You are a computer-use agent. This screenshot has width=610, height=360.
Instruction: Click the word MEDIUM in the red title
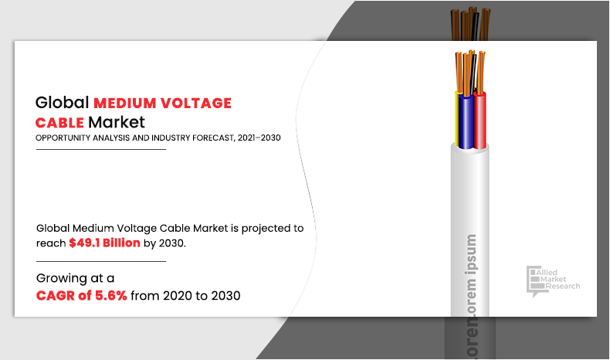click(x=124, y=104)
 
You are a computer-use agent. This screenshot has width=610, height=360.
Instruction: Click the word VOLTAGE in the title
click(x=196, y=104)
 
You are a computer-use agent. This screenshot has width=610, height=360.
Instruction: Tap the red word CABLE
click(x=59, y=123)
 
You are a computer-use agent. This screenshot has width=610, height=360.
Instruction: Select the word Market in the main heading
click(x=117, y=123)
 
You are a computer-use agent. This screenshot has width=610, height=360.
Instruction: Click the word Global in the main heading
click(x=63, y=103)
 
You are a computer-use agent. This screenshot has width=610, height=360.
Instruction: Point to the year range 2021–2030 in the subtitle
click(x=259, y=138)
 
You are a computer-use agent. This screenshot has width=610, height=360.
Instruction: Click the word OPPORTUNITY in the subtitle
click(x=63, y=138)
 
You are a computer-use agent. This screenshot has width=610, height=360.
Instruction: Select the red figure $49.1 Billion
click(x=105, y=243)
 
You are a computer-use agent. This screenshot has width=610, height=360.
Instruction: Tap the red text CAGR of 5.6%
click(x=82, y=296)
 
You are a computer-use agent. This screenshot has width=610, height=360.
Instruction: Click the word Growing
click(x=62, y=279)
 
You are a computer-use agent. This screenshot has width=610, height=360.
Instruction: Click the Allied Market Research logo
click(x=553, y=281)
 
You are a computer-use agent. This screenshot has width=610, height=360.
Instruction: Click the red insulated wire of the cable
click(x=480, y=121)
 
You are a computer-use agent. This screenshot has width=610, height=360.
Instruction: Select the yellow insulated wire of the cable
click(x=457, y=119)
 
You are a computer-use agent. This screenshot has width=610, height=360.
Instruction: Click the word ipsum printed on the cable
click(x=471, y=254)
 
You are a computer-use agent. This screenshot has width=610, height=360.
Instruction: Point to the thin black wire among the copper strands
click(x=473, y=74)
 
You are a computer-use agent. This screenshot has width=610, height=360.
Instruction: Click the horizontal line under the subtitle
click(x=101, y=149)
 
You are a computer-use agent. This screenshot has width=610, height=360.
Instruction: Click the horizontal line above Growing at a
click(x=101, y=262)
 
